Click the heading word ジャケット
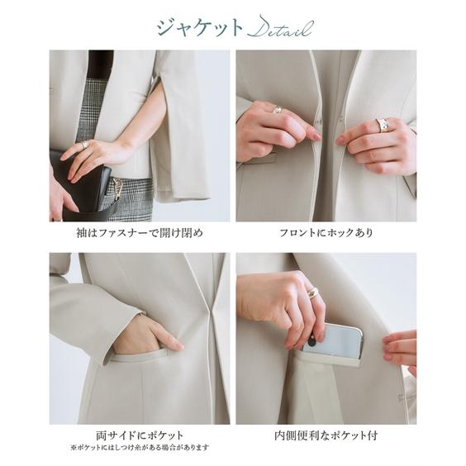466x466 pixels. (x=200, y=28)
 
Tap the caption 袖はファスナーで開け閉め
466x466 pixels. (x=140, y=233)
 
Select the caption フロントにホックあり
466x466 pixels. (x=326, y=233)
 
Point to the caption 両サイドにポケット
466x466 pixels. (x=140, y=435)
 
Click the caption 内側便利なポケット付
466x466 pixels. (x=326, y=435)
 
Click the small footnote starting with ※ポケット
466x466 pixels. (x=140, y=447)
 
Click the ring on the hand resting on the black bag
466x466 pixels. (x=85, y=145)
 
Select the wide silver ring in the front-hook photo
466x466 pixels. (x=383, y=125)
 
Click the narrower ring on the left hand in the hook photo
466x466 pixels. (x=277, y=110)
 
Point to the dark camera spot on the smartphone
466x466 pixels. (x=312, y=342)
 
